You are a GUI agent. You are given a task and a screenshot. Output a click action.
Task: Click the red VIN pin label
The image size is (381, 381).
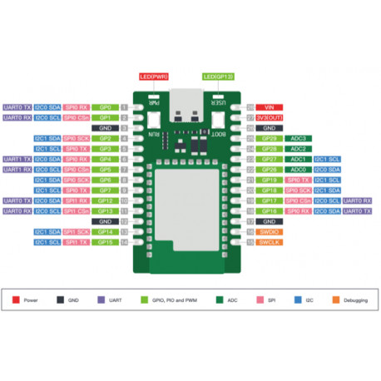click(269, 108)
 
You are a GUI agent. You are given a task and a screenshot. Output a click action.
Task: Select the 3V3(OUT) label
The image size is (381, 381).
click(269, 118)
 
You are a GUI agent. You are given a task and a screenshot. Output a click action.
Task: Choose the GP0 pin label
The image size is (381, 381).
click(105, 108)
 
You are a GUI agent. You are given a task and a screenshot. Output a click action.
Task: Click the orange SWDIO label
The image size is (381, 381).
click(269, 232)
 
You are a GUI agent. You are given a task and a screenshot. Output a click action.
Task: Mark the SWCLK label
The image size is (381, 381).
click(269, 242)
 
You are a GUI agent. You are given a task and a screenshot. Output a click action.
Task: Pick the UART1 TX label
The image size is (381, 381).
click(17, 159)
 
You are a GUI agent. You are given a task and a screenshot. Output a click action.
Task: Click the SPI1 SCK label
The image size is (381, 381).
click(77, 232)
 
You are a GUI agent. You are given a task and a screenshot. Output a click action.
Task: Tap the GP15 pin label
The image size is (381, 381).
click(105, 242)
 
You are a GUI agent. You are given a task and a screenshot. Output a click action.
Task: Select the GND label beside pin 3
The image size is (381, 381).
click(105, 128)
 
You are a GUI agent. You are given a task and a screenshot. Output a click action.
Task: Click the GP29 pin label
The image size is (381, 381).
click(269, 138)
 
